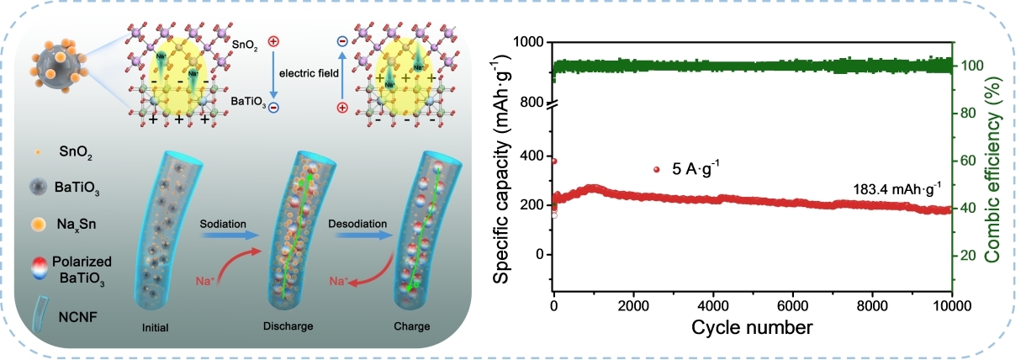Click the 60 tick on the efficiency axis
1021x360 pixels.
tap(968, 160)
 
